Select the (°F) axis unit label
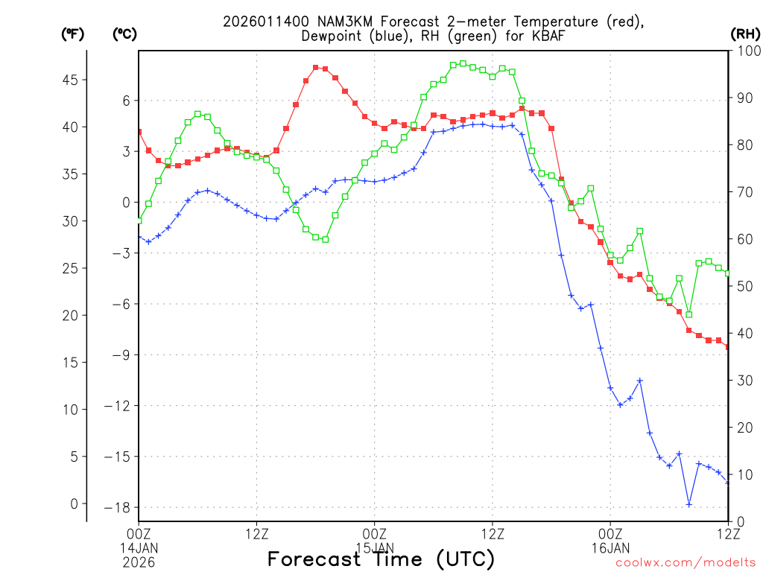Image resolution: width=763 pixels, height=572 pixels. pos(72,34)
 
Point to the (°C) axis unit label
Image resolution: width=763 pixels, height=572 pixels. pos(124,34)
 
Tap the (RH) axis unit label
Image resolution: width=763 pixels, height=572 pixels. pos(746,34)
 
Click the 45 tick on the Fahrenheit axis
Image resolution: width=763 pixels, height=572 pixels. pos(74,80)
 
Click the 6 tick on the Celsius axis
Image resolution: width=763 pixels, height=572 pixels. pos(126,101)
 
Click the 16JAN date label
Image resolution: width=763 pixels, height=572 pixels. pos(610,547)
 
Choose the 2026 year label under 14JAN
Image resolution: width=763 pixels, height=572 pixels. pos(139,561)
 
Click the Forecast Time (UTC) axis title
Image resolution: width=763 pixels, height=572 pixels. pos(381,559)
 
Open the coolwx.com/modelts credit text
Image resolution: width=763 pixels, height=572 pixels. pos(685,563)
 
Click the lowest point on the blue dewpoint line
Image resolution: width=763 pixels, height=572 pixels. pos(689,504)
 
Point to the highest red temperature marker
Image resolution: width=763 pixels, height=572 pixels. pos(316,68)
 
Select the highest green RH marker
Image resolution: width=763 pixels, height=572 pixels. pos(463,63)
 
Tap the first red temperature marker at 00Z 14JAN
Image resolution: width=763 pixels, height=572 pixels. pos(139,132)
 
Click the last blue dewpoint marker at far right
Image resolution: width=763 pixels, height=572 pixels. pos(728,483)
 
